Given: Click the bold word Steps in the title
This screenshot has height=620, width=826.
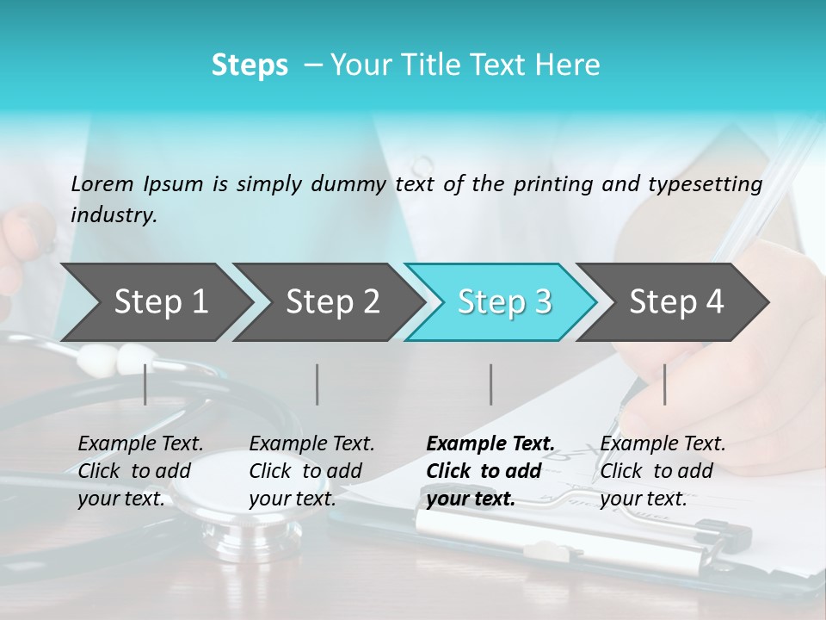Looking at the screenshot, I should pos(250,65).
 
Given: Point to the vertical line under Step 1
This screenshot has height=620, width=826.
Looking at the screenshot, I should pos(145,384).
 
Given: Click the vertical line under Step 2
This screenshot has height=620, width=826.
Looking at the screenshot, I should pos(317,384).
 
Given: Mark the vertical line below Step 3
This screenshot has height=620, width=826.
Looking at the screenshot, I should pos(491,384).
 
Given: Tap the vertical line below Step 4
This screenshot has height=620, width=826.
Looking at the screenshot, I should pos(665,384).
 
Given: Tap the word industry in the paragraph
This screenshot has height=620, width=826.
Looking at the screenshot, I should pos(113,215).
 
